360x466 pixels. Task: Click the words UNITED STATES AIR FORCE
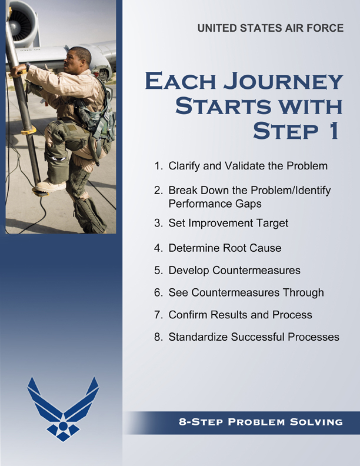click(x=271, y=28)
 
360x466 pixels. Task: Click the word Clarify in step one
click(x=183, y=166)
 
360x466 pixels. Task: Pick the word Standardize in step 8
click(x=198, y=337)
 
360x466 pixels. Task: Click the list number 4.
click(x=158, y=248)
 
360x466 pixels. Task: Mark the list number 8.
click(x=158, y=337)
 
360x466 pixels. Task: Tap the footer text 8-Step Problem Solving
click(x=261, y=422)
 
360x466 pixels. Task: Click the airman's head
click(x=79, y=58)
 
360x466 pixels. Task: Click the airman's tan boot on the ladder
click(x=50, y=186)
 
